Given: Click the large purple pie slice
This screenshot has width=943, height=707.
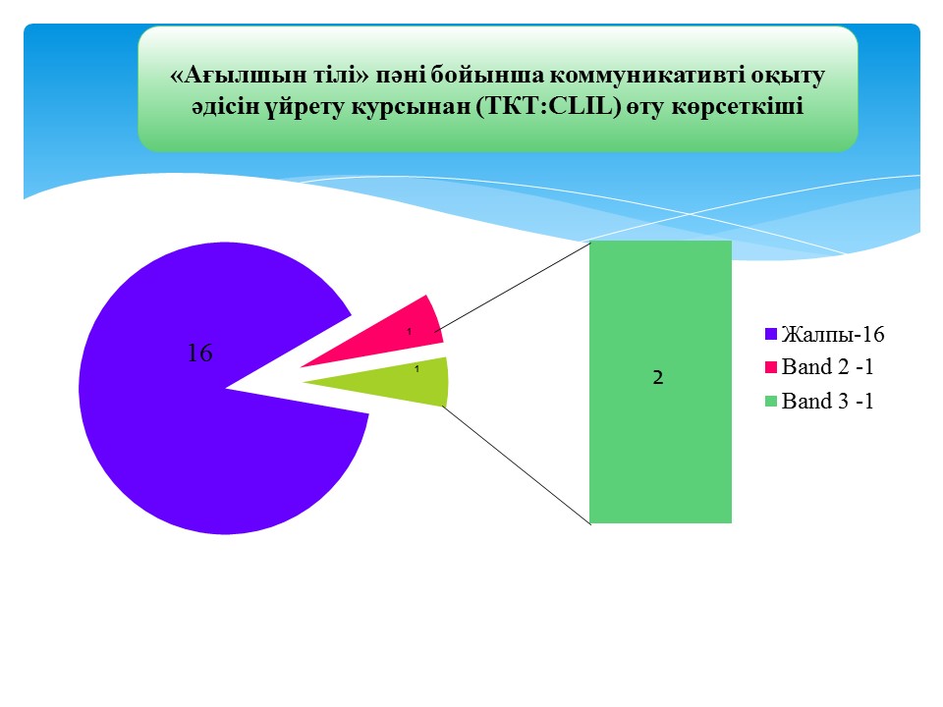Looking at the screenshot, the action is coord(198,421).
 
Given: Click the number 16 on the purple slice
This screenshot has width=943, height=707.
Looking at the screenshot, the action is coord(199,353).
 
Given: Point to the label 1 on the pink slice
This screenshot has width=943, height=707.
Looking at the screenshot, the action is coord(410,331).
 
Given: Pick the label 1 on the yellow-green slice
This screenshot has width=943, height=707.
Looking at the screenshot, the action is coord(416,369).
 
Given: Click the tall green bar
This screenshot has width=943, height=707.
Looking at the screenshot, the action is coord(660,382).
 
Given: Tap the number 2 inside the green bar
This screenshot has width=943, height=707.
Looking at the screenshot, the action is coord(658,377).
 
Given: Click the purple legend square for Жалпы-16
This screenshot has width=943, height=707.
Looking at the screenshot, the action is coord(771,334).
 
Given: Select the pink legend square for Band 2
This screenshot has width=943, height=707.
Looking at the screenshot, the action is coord(771,367).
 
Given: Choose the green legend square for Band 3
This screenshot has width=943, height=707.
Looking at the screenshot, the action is coord(771,401).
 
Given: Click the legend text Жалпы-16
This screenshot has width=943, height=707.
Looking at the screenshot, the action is coord(833,334).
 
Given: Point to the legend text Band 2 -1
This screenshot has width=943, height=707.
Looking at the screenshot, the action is coord(827,366).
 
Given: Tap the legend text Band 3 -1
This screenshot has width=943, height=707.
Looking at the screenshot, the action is coord(827,401).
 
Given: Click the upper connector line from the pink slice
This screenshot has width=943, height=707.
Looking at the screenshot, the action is coord(513,287).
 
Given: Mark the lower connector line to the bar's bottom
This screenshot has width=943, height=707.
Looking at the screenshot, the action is coord(517,465).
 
